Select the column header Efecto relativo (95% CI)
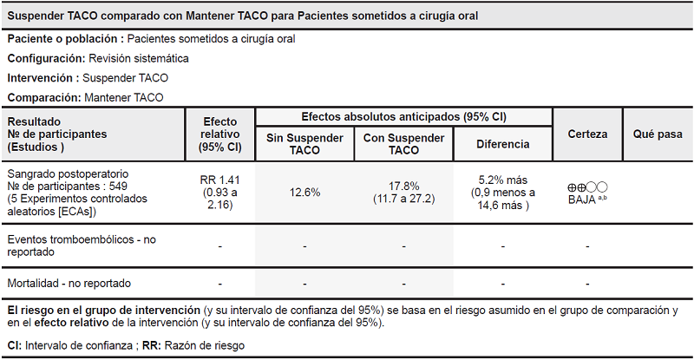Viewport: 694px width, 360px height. (220, 134)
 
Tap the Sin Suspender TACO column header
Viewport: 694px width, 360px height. (304, 144)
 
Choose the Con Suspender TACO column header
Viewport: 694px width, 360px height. (403, 144)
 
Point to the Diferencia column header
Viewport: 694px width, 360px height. (503, 144)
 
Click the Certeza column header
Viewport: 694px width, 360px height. (587, 134)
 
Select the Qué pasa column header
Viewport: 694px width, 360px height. (658, 134)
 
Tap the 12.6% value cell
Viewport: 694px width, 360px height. (304, 192)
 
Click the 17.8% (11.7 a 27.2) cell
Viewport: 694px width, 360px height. (403, 192)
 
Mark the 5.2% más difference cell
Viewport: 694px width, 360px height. (503, 193)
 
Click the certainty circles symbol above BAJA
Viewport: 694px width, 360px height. (587, 187)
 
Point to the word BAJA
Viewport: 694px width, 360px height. (581, 200)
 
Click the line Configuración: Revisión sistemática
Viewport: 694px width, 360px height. (98, 58)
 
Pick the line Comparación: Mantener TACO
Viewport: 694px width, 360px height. (85, 97)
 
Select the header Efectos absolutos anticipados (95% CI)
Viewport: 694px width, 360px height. (403, 116)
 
